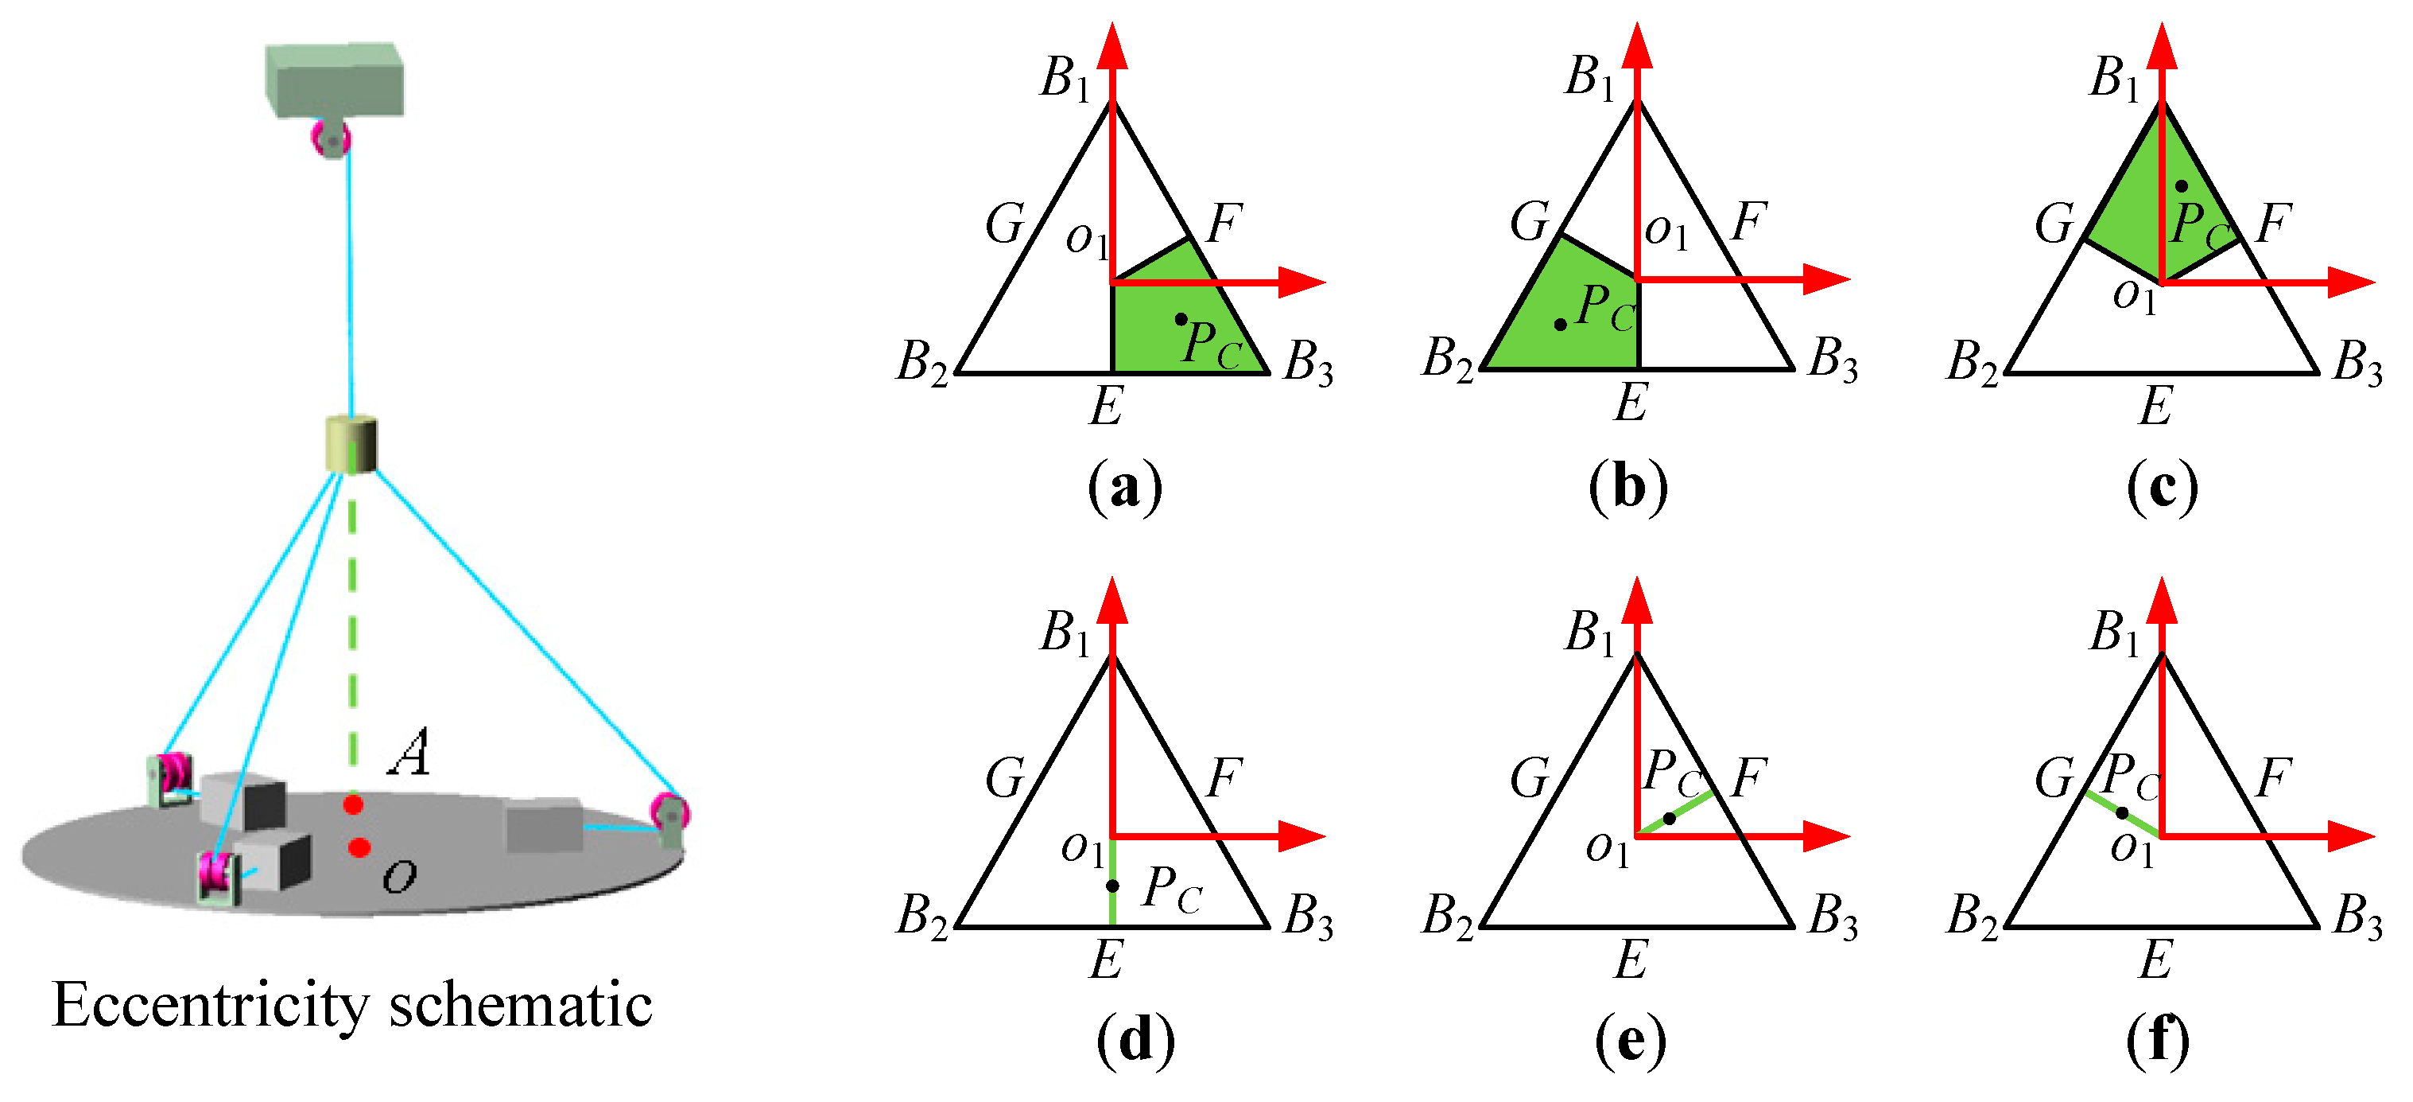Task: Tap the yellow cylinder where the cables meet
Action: [351, 444]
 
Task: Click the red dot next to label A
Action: [353, 804]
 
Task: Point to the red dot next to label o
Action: [359, 848]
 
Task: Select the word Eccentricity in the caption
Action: [211, 1007]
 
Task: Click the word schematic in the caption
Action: [521, 1007]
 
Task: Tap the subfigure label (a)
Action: [1124, 487]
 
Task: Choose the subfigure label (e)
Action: [1631, 1041]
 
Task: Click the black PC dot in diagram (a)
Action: [1181, 320]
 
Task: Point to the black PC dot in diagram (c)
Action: [2182, 186]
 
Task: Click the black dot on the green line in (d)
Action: [1113, 886]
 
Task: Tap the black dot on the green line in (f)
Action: [2122, 813]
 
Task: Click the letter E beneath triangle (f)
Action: [2155, 960]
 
